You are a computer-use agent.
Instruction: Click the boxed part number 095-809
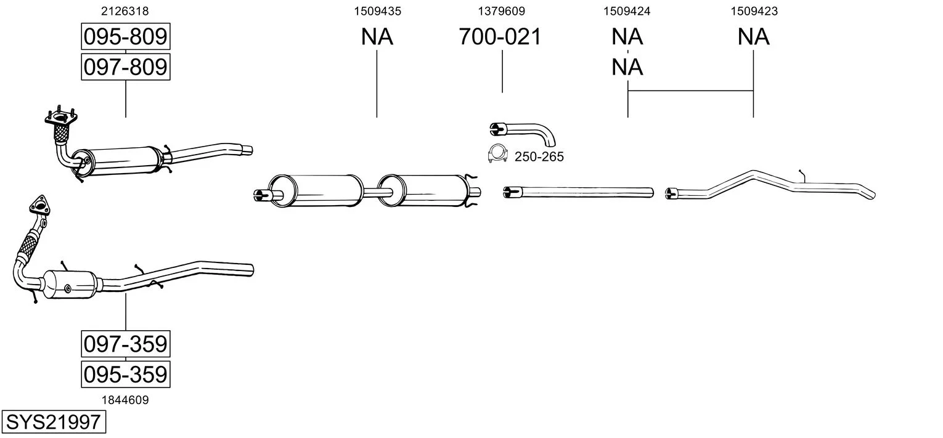point(125,37)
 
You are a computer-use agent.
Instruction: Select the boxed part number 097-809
point(125,67)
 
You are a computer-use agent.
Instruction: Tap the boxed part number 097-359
point(125,344)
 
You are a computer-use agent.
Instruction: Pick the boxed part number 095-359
point(125,374)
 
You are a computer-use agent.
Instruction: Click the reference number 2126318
point(125,10)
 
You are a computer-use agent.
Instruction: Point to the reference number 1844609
point(125,400)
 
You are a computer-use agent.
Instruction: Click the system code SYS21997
point(52,422)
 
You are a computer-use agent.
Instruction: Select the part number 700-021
point(500,37)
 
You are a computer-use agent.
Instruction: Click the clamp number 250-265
point(539,157)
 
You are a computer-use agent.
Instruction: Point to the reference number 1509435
point(377,10)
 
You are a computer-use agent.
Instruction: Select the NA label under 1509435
point(377,37)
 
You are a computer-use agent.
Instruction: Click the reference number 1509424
point(627,10)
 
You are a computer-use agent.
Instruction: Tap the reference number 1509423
point(753,10)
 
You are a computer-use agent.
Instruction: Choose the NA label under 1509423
point(753,37)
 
